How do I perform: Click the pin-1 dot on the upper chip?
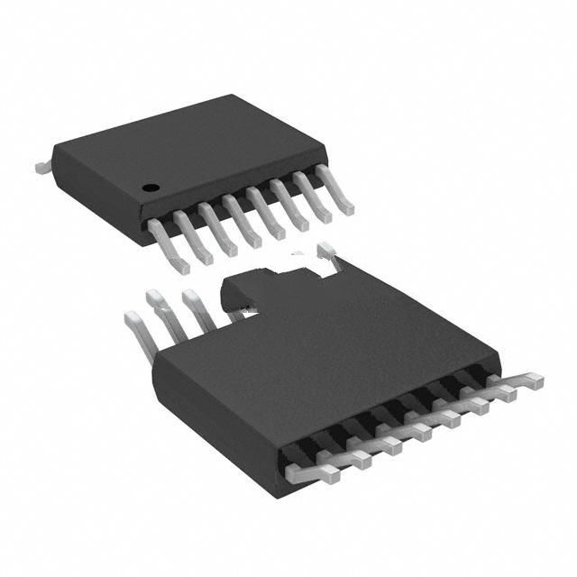tap(151, 188)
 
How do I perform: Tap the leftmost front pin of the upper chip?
tap(170, 243)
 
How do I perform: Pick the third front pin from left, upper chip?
tap(219, 230)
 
